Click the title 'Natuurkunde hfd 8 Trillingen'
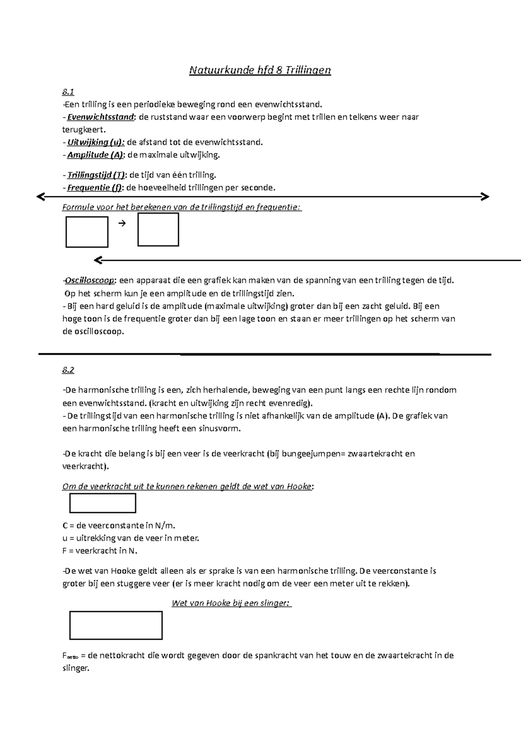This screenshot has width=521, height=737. coord(260,70)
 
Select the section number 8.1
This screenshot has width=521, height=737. coord(68,92)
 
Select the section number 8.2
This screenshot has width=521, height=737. coord(68,370)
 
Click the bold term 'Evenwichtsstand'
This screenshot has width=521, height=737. coord(101,117)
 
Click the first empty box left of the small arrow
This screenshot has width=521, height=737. coord(87,232)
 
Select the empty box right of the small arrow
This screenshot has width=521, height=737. coord(158,230)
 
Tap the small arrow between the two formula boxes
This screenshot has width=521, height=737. coord(122,224)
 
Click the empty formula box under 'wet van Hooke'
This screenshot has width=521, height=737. coord(103,503)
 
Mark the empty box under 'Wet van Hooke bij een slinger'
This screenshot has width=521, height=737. coord(116,625)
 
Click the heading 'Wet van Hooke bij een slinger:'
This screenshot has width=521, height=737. coord(232,603)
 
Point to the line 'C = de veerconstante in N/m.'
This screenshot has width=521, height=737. coord(119,526)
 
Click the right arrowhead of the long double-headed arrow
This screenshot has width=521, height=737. coord(485,197)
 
